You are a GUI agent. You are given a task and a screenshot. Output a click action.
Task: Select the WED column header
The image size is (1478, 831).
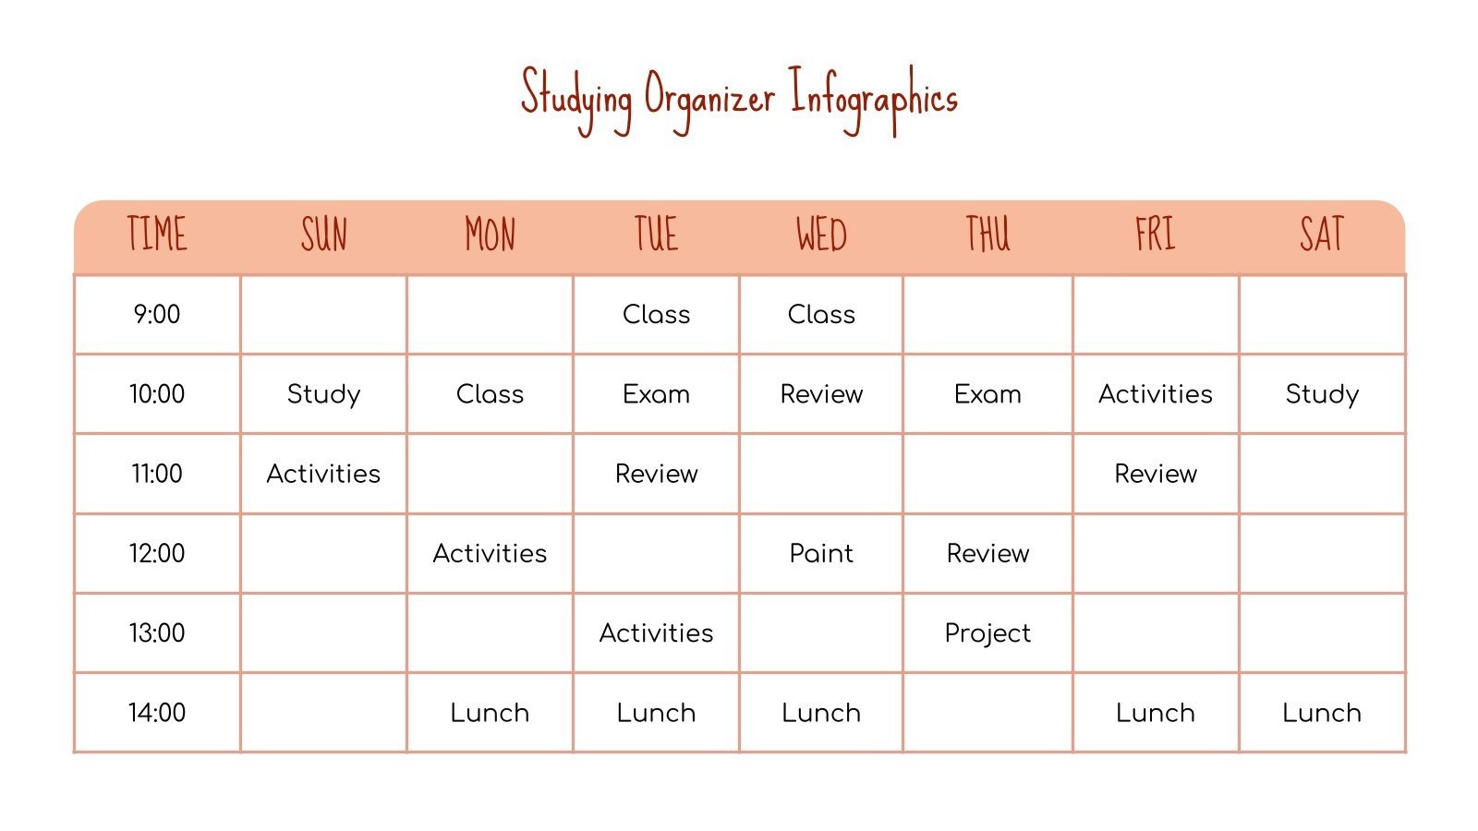click(x=821, y=235)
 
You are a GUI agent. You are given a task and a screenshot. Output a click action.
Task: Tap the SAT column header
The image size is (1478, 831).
click(x=1322, y=235)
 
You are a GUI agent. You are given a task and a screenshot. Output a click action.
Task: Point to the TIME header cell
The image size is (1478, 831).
click(x=157, y=235)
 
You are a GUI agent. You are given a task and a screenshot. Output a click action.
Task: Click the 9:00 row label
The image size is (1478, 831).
click(x=157, y=315)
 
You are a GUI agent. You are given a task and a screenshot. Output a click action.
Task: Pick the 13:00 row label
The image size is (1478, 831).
click(x=157, y=633)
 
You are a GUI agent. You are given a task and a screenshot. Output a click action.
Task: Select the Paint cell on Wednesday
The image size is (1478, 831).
click(x=821, y=554)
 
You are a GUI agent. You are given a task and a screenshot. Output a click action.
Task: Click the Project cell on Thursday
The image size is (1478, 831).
click(x=987, y=633)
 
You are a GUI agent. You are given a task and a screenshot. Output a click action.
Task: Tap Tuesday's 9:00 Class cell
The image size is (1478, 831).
click(x=656, y=315)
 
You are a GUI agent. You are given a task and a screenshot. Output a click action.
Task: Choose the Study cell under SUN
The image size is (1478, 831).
click(x=323, y=394)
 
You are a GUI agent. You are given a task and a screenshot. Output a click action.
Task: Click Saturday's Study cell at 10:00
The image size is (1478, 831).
click(x=1322, y=394)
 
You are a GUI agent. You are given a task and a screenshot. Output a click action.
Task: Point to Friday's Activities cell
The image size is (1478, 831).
click(x=1155, y=394)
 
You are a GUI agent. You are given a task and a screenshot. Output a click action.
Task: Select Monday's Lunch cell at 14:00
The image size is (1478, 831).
click(x=490, y=713)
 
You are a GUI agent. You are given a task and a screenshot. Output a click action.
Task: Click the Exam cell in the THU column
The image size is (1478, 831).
click(x=987, y=394)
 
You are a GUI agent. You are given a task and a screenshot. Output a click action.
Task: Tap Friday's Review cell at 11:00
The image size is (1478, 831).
click(x=1155, y=474)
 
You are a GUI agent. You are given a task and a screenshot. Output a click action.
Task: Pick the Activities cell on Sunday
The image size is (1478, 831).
click(x=323, y=474)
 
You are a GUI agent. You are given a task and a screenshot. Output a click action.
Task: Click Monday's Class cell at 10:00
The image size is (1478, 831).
click(x=490, y=394)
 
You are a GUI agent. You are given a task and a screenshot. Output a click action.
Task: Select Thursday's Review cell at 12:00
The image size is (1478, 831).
click(x=987, y=554)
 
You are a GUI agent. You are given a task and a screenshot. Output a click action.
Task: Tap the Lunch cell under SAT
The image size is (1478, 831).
click(x=1322, y=713)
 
